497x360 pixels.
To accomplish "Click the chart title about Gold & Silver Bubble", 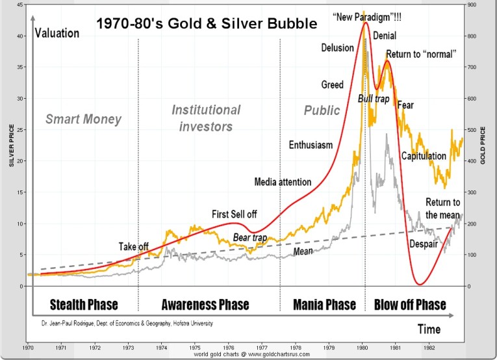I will coord(207,24).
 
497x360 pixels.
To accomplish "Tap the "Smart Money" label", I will coord(83,119).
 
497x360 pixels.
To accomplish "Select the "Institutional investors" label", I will coord(206,118).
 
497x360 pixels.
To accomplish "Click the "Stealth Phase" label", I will coord(84,305).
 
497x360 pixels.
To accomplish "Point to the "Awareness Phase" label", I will coord(205,305).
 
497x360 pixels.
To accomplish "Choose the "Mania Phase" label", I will coord(324,305).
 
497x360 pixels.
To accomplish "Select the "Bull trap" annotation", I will coord(373,98).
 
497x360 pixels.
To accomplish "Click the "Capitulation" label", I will coord(424,156).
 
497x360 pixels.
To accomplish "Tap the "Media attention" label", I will coord(283,182).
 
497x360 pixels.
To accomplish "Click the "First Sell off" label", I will coord(234,214).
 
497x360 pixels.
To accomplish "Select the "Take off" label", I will coord(134,246).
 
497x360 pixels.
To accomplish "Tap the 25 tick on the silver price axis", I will coord(21,130).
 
